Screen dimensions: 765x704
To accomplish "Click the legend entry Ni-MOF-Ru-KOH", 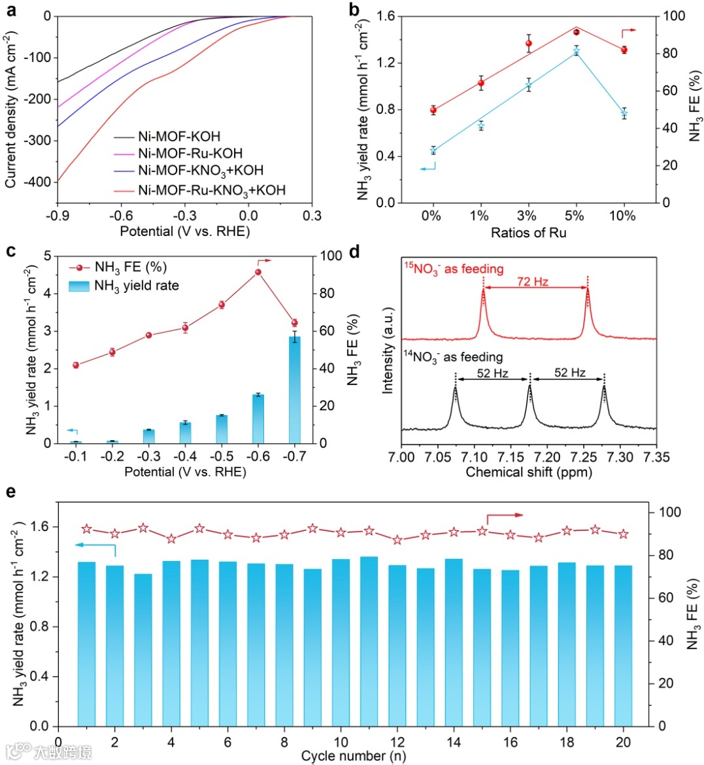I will [190, 153].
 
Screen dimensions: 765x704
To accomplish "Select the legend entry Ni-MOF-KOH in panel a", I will [178, 137].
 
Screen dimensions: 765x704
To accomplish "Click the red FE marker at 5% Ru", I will [576, 32].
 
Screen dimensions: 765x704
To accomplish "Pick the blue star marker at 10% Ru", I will [624, 114].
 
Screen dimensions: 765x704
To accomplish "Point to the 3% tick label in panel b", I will [528, 216].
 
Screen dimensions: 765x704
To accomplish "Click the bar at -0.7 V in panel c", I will [295, 390].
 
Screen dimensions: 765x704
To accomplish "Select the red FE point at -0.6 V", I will [258, 272].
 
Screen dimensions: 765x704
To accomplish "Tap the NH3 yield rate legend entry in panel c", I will [136, 285].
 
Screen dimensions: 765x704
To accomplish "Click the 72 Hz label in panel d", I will [532, 282].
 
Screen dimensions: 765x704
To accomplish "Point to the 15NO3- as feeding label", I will [454, 269].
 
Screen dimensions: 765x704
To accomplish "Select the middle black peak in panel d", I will [530, 405].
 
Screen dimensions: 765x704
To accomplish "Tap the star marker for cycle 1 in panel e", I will [87, 529].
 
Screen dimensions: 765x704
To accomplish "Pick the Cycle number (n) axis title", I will [354, 756].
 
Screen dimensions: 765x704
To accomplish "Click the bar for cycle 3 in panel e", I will [143, 650].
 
